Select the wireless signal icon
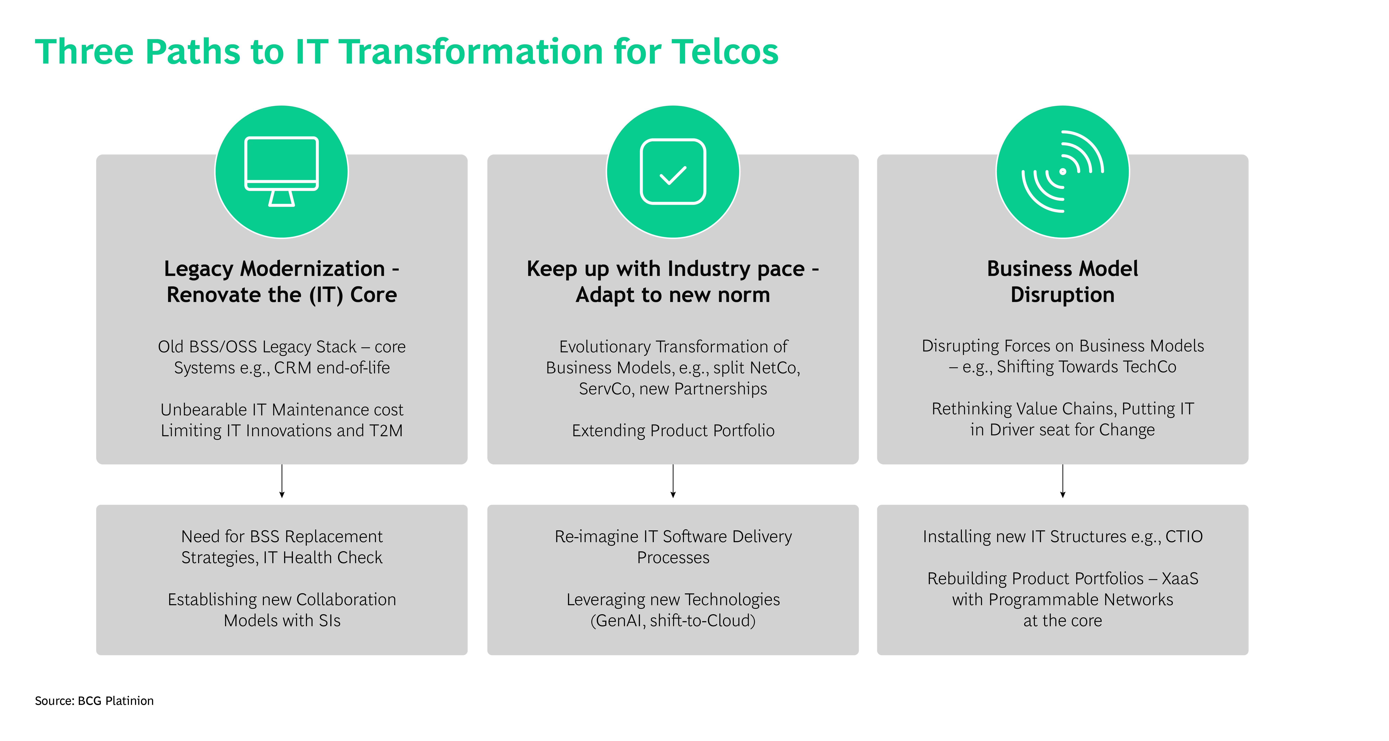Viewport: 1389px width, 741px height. click(x=1062, y=172)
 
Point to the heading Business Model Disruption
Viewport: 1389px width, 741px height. click(x=1062, y=282)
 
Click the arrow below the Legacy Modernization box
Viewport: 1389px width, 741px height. click(x=281, y=481)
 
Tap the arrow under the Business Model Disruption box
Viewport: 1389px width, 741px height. click(x=1062, y=481)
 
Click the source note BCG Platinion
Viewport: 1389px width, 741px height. click(x=94, y=701)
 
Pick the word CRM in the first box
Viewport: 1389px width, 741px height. click(x=293, y=368)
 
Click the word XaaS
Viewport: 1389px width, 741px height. click(x=1180, y=579)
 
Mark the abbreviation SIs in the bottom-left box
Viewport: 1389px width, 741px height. click(x=329, y=621)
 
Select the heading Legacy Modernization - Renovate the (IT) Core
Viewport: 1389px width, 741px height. click(x=281, y=282)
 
